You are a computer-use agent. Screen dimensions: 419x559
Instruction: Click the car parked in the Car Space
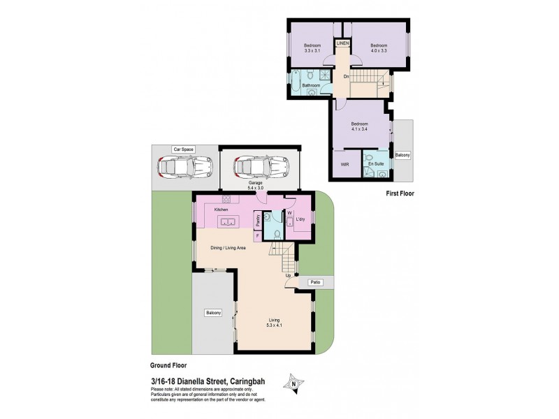(x=186, y=168)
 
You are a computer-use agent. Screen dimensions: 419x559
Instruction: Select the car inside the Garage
(x=260, y=168)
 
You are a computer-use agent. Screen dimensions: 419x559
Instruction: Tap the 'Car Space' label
(x=184, y=149)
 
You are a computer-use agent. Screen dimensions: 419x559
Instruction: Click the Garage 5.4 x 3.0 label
(x=260, y=185)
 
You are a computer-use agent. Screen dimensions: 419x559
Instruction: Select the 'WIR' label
(x=344, y=164)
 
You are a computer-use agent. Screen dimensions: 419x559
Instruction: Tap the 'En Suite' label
(x=377, y=163)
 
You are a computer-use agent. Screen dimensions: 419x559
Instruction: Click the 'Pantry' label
(x=258, y=221)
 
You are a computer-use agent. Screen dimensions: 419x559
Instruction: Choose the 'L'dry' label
(x=302, y=220)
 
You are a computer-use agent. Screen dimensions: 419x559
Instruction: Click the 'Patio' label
(x=317, y=282)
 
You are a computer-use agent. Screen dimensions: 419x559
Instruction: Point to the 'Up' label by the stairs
(x=288, y=275)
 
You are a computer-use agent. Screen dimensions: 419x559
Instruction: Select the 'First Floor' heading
(x=400, y=193)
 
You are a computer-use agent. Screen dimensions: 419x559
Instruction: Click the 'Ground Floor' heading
(x=168, y=365)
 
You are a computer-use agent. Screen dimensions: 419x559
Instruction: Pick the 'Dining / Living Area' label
(x=228, y=248)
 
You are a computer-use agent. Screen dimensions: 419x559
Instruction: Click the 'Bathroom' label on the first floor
(x=311, y=86)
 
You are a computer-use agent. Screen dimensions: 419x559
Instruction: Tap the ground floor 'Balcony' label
(x=213, y=312)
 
